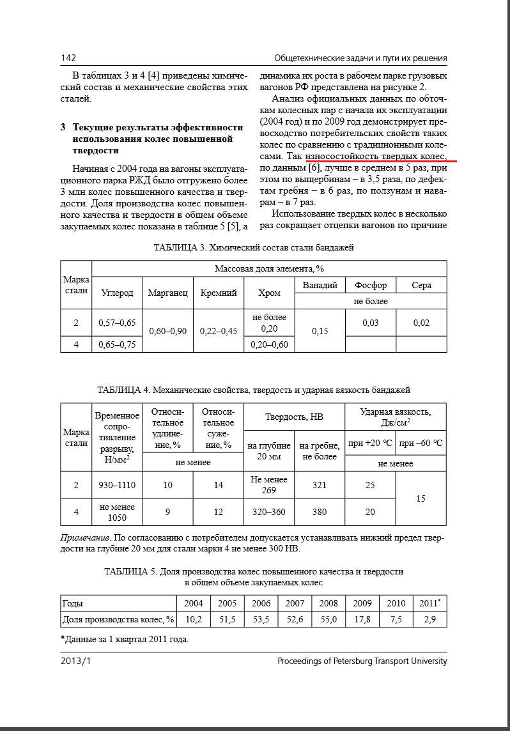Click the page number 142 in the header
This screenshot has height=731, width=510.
(x=68, y=58)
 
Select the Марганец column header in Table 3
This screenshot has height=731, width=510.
(x=167, y=293)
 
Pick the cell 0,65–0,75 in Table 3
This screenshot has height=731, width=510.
(x=117, y=344)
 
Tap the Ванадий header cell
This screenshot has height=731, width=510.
(x=320, y=285)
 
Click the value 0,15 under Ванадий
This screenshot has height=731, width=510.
(x=320, y=331)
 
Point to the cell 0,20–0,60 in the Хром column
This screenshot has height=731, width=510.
(x=269, y=344)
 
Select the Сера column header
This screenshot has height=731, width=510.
(x=421, y=285)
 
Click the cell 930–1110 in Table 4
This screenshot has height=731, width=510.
(x=117, y=486)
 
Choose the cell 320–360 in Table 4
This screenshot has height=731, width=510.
(x=269, y=512)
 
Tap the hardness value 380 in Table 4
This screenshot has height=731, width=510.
(x=320, y=512)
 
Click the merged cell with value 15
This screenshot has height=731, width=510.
(x=421, y=498)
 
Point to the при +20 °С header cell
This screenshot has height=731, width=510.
(x=370, y=443)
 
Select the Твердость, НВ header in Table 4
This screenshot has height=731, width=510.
(x=294, y=417)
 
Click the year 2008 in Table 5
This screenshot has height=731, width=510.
(x=328, y=603)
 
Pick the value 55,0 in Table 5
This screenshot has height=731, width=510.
(x=328, y=619)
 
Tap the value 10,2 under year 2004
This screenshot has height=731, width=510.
(x=193, y=619)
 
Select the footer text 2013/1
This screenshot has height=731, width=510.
(x=76, y=661)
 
